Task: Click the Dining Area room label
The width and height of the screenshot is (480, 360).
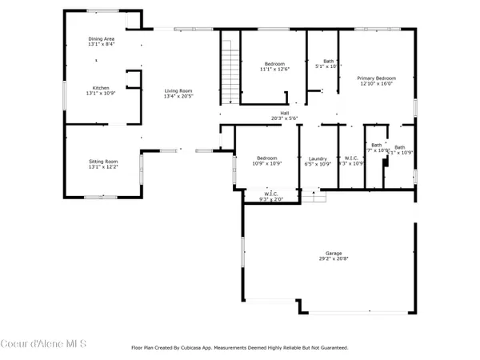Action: pyautogui.click(x=101, y=39)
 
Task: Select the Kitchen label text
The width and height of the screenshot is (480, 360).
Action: pyautogui.click(x=101, y=88)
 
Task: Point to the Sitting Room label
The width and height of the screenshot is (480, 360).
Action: pyautogui.click(x=102, y=162)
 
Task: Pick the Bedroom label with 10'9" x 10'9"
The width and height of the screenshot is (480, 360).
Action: pyautogui.click(x=266, y=158)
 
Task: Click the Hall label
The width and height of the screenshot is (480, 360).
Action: pyautogui.click(x=284, y=113)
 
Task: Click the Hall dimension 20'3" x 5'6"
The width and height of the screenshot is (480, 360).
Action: pyautogui.click(x=284, y=118)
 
